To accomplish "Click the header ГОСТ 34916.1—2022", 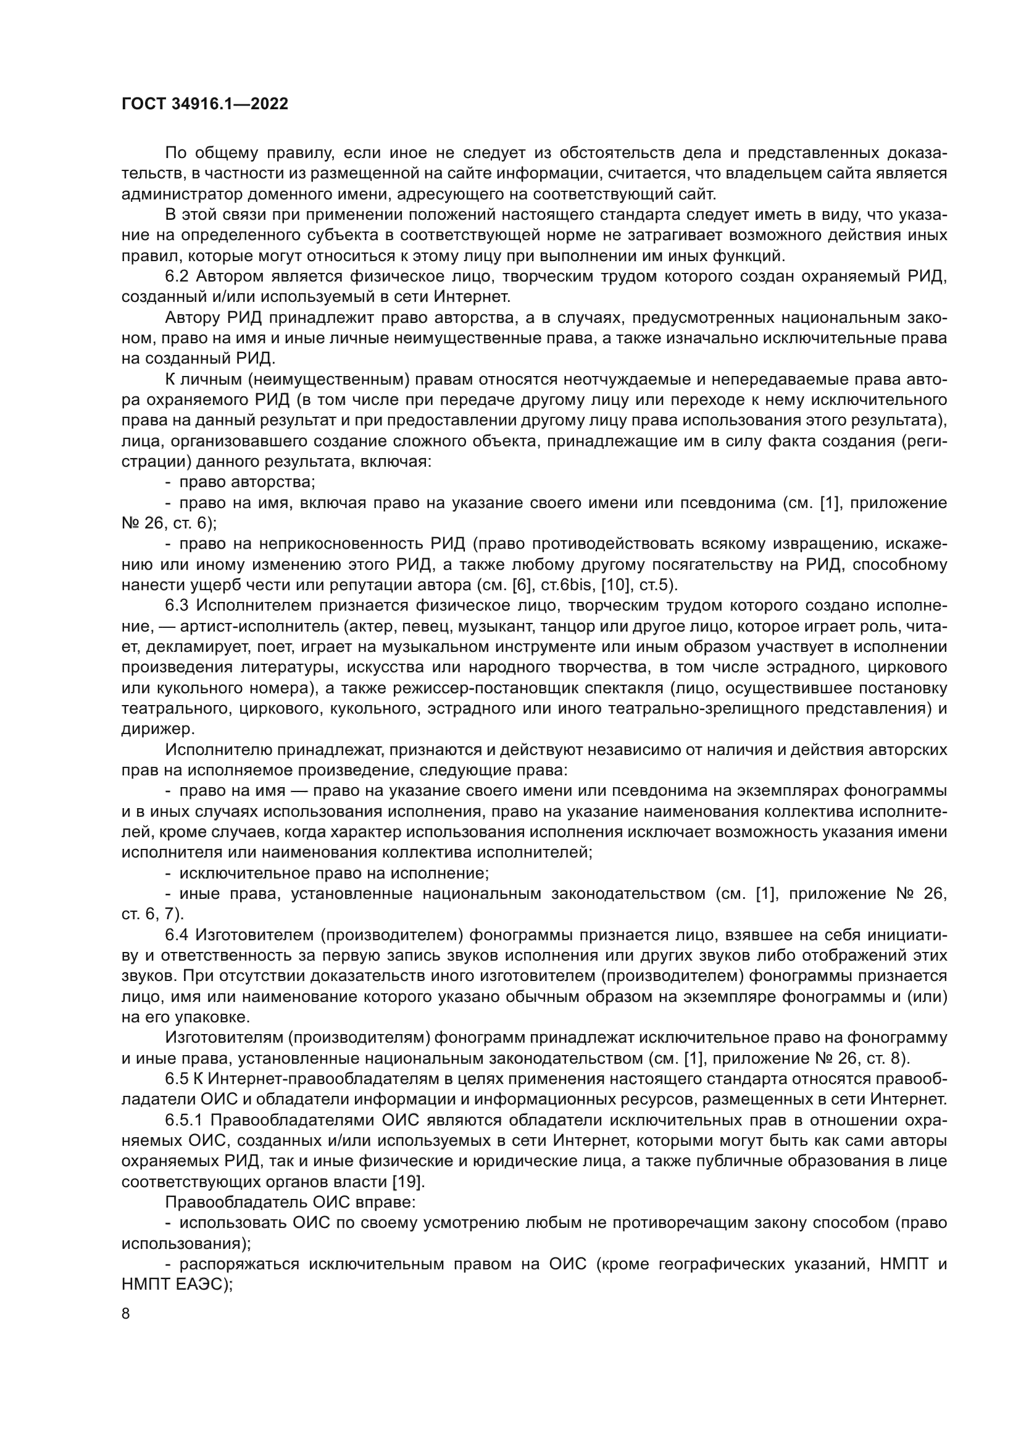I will (204, 104).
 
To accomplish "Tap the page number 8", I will (126, 1314).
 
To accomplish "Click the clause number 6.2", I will (178, 277).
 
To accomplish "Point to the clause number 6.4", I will (178, 935).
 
